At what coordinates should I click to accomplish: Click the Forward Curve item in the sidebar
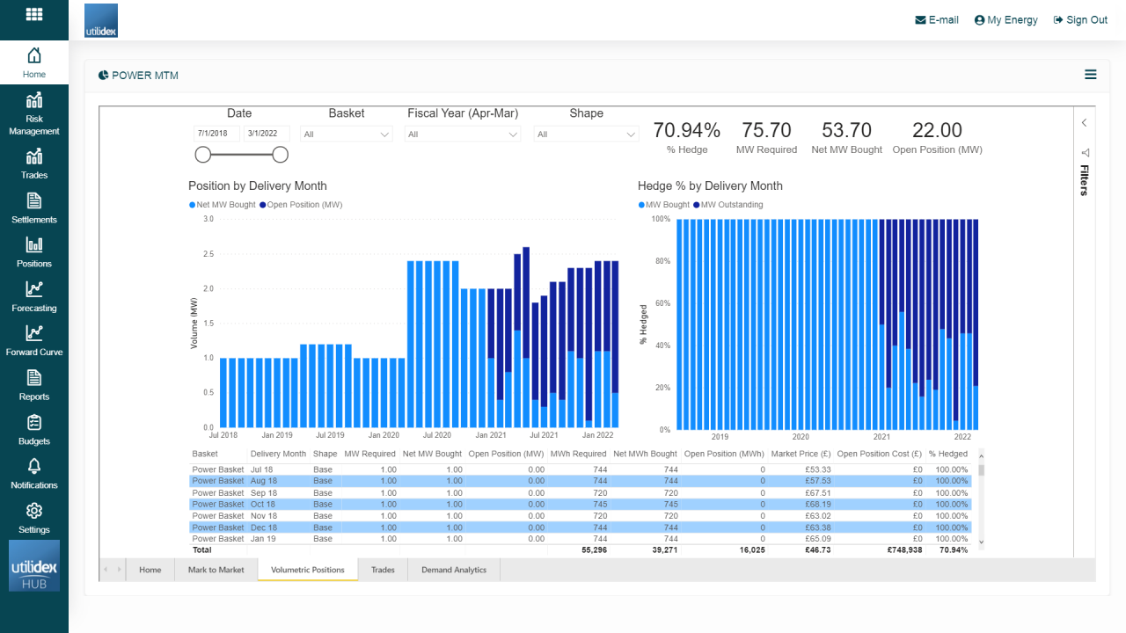coord(33,340)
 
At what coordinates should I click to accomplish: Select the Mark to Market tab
coord(216,570)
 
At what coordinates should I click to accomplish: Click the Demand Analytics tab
coord(453,570)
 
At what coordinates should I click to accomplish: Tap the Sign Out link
coord(1080,20)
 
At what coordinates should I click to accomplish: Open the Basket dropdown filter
coord(346,135)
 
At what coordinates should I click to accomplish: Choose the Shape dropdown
coord(585,135)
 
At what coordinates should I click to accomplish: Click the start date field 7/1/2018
coord(216,134)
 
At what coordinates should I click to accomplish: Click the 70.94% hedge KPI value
coord(686,130)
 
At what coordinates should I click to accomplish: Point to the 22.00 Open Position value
coord(937,130)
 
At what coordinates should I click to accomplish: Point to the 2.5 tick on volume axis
coord(208,254)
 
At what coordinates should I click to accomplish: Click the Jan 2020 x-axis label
coord(384,435)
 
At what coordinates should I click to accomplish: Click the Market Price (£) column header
coord(801,455)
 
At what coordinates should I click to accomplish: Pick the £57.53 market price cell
coord(818,482)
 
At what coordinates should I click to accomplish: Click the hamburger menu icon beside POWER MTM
coord(1090,75)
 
